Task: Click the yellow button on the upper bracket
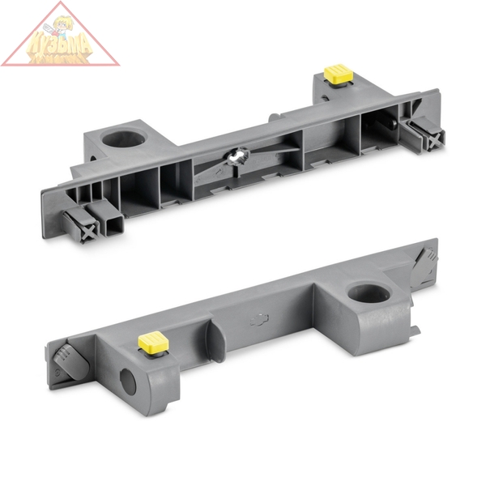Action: point(339,74)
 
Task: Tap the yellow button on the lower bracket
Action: point(152,342)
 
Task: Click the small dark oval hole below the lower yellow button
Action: point(128,382)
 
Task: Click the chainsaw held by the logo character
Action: point(77,32)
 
